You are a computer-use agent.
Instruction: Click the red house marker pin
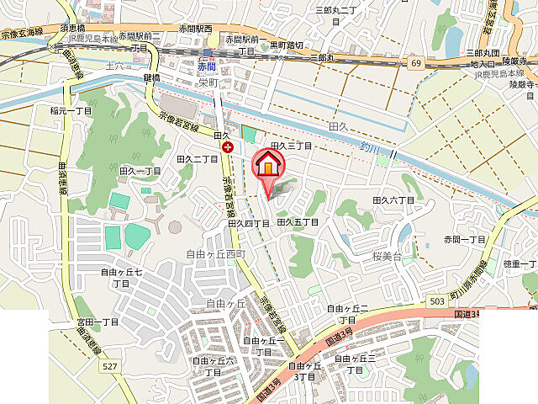pyautogui.click(x=268, y=165)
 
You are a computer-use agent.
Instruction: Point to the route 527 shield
pyautogui.click(x=110, y=366)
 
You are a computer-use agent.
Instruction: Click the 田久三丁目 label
pyautogui.click(x=291, y=146)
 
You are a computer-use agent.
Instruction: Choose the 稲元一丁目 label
pyautogui.click(x=71, y=110)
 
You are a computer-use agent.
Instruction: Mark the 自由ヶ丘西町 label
pyautogui.click(x=214, y=254)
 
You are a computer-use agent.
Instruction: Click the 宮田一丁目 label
pyautogui.click(x=98, y=322)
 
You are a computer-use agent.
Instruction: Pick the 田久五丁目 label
pyautogui.click(x=298, y=222)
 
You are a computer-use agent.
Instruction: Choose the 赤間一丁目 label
pyautogui.click(x=466, y=239)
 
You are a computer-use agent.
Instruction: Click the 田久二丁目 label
pyautogui.click(x=198, y=158)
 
